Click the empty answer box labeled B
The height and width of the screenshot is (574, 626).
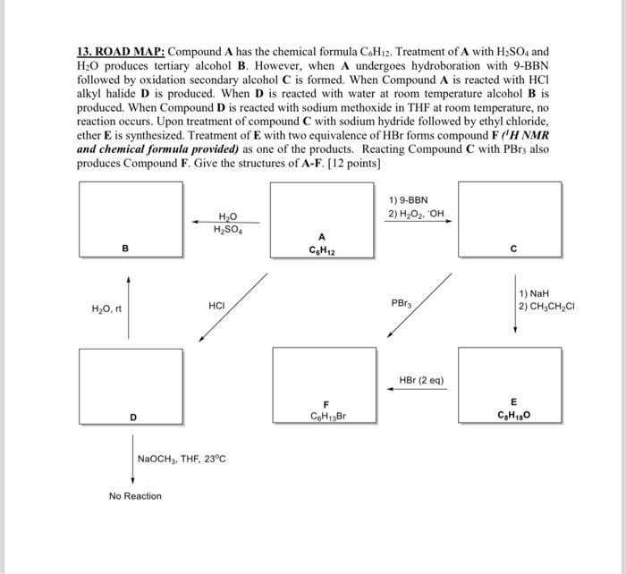[131, 215]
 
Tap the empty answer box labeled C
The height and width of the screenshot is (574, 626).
[510, 215]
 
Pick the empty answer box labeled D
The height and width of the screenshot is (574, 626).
[131, 381]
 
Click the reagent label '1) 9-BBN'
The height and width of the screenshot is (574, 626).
[408, 200]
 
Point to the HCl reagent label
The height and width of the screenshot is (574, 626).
[216, 305]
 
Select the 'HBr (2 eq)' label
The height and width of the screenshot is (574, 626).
[421, 380]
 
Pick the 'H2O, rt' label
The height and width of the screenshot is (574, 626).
[106, 309]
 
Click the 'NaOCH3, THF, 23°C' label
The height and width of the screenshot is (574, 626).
[182, 459]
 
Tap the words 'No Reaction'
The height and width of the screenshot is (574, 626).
[135, 496]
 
